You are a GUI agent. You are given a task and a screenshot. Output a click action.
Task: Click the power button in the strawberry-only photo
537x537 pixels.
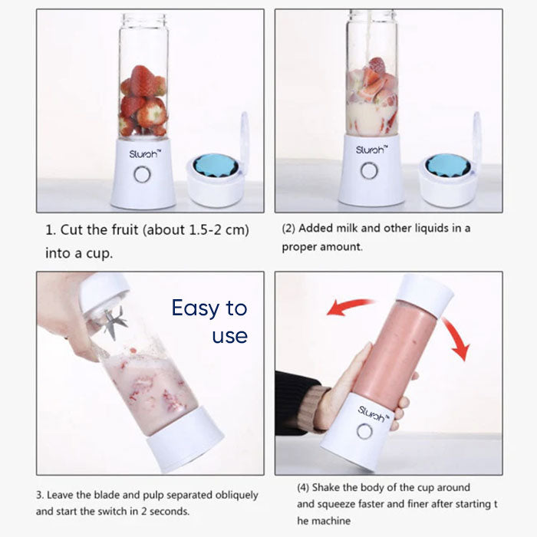point(142,174)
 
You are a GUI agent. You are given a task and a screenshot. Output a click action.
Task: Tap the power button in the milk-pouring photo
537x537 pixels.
point(369,170)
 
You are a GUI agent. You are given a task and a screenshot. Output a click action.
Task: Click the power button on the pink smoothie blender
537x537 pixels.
point(364,431)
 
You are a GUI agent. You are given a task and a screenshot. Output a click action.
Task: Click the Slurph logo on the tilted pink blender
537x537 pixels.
point(374,413)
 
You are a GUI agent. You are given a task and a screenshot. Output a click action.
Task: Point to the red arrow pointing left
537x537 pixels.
point(349,306)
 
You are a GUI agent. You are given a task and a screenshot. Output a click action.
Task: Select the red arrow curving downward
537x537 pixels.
point(457,338)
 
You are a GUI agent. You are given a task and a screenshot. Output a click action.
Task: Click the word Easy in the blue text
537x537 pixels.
point(196,308)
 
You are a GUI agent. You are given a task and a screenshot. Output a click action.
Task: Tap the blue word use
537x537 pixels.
point(230,336)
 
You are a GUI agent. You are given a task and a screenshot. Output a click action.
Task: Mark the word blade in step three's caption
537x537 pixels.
point(107,495)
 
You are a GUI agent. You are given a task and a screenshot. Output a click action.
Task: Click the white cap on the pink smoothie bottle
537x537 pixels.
point(425,295)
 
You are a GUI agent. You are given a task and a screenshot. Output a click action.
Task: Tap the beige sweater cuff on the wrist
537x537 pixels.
point(316,407)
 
